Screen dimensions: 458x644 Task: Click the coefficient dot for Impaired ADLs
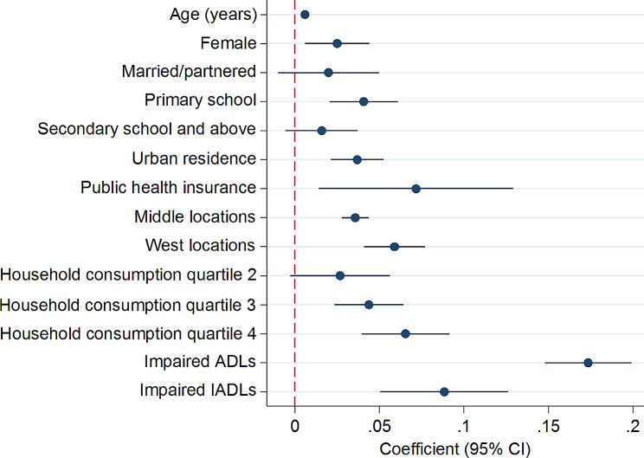click(x=588, y=363)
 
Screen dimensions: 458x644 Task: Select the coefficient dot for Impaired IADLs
click(x=444, y=391)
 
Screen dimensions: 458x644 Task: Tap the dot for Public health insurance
click(x=415, y=188)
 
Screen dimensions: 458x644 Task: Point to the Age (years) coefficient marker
click(x=305, y=15)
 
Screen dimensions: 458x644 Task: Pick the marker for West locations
click(x=395, y=246)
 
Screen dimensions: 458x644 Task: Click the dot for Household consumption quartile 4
click(x=405, y=333)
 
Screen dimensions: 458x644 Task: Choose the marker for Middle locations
click(x=355, y=217)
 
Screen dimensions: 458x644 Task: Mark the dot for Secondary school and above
click(x=321, y=130)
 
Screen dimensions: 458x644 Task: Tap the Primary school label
click(x=200, y=100)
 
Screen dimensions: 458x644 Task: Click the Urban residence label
click(x=194, y=158)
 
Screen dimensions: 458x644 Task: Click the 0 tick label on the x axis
click(x=295, y=426)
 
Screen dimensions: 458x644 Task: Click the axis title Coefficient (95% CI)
click(x=454, y=448)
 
